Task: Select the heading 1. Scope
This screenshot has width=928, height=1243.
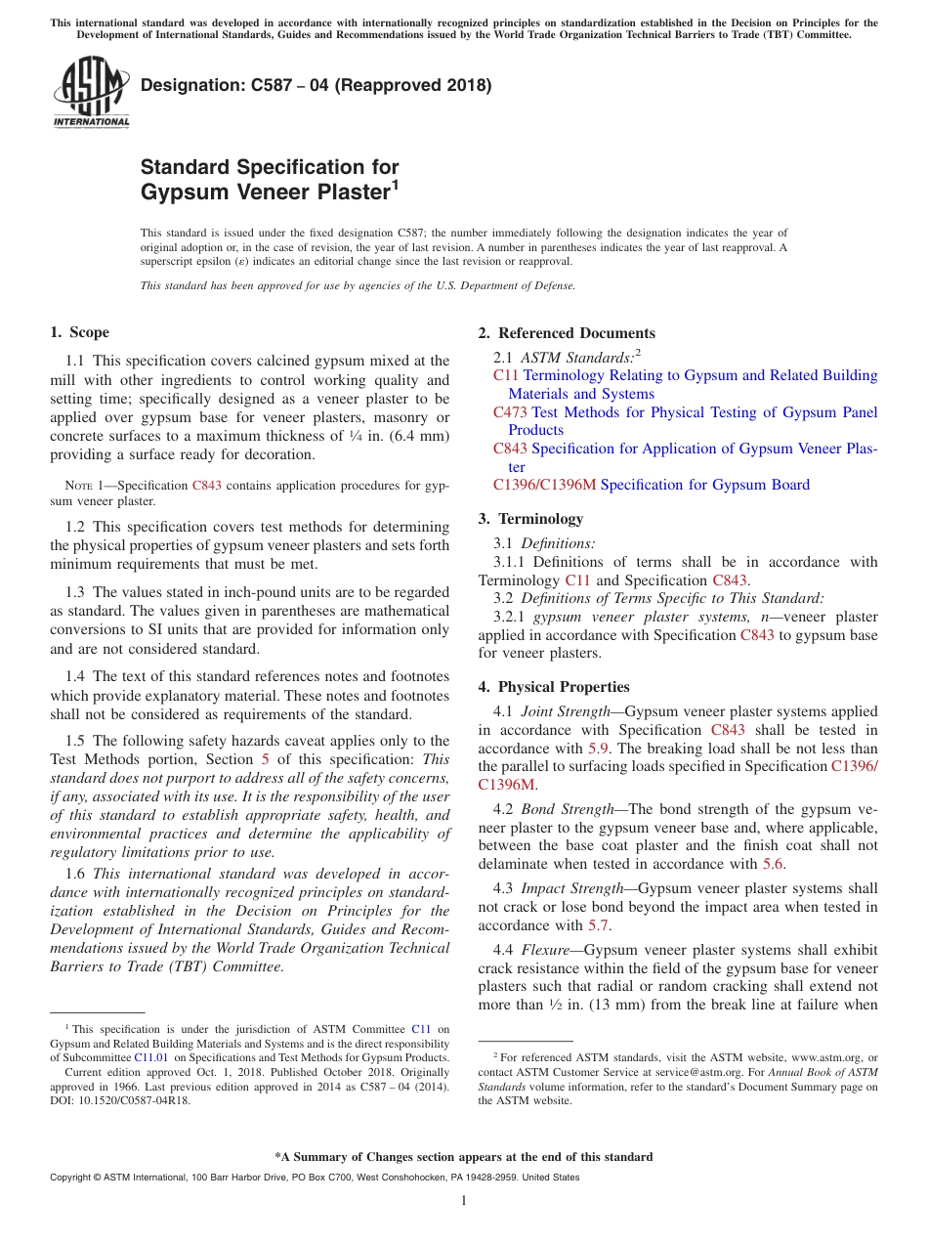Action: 80,332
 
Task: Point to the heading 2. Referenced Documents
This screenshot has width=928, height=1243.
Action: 567,332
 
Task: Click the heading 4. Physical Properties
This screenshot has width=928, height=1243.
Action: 554,687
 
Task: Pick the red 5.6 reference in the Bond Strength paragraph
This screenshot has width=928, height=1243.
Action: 772,864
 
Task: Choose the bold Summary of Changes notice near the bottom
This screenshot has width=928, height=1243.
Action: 464,1157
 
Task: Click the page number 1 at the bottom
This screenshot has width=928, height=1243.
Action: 464,1200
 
